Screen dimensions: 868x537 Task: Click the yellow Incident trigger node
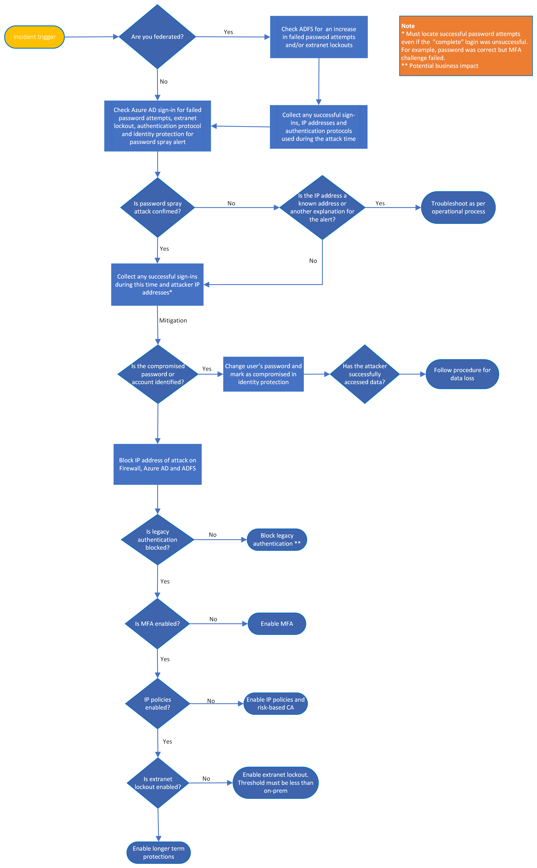coord(34,37)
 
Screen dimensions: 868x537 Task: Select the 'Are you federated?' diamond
coord(157,37)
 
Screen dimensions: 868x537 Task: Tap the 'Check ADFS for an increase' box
coord(319,37)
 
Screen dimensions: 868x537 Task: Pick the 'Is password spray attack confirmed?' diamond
coord(157,207)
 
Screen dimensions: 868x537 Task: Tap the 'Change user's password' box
coord(263,374)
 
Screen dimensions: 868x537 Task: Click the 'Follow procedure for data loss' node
coord(462,374)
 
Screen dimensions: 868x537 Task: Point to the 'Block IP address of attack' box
coord(157,464)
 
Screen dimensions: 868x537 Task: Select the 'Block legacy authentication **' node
coord(277,540)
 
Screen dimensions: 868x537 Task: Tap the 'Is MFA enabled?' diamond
coord(157,624)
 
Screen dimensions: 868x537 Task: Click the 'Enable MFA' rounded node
coord(277,624)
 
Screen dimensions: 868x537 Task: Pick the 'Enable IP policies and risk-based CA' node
coord(275,704)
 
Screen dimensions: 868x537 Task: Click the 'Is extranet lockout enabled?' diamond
coord(158,783)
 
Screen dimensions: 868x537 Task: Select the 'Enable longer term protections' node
coord(158,852)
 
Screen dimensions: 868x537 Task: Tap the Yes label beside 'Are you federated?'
coord(228,32)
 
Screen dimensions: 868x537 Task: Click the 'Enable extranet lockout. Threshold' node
coord(275,783)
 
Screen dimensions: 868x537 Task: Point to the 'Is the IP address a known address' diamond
coord(322,207)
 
